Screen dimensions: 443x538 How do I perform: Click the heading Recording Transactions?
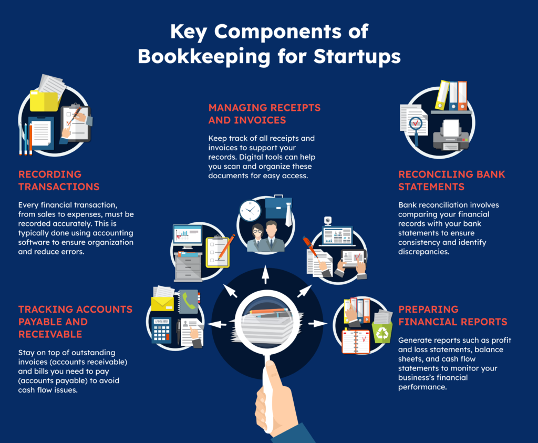59,180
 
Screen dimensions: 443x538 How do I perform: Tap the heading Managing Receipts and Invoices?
264,114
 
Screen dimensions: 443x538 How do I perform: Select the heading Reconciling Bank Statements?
451,180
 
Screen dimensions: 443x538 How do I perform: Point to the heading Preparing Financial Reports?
452,315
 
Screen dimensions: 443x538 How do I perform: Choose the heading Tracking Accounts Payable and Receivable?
75,322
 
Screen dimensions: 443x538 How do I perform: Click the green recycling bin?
382,333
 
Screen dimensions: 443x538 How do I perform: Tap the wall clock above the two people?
250,210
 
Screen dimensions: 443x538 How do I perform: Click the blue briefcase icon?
278,208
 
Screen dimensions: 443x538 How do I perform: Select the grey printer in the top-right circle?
450,135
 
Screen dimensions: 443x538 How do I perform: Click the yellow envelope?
162,304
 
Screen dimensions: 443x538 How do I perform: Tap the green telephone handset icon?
189,301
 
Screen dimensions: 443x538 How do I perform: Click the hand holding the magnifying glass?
273,399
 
